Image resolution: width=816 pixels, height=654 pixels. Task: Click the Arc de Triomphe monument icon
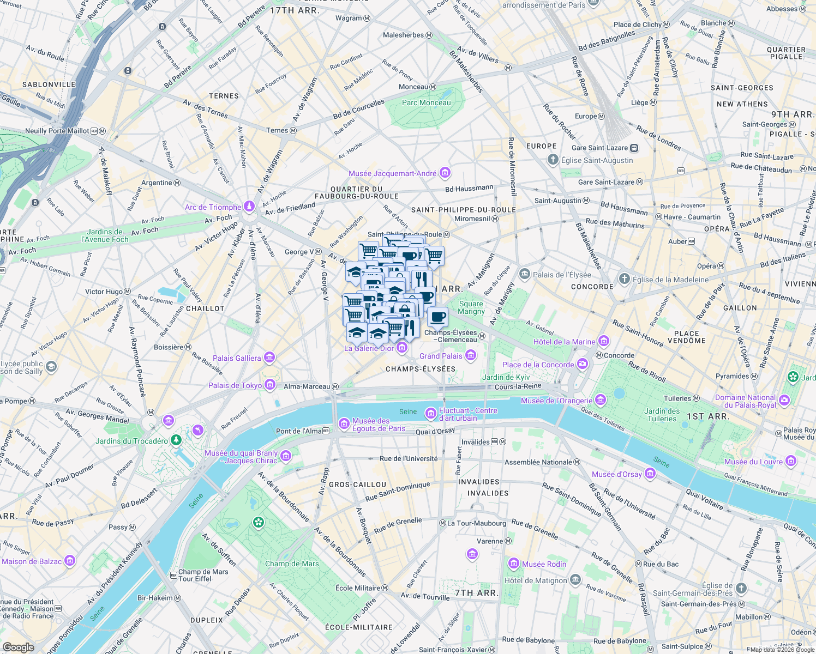(x=249, y=207)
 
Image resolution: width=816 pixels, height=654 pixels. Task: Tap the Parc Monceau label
(x=426, y=102)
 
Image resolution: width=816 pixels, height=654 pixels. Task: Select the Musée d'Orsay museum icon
(x=650, y=474)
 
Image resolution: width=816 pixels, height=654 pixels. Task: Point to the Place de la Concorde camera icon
(x=583, y=364)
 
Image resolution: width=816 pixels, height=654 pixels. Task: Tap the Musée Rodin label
(x=544, y=564)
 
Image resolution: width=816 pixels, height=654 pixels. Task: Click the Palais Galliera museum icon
(x=269, y=358)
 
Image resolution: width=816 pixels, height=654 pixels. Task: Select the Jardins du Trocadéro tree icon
(x=176, y=440)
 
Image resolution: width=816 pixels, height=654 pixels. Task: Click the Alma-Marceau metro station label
(x=307, y=386)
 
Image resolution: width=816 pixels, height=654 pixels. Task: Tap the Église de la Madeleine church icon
(x=625, y=279)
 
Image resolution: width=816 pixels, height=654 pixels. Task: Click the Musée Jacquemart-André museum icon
(x=445, y=173)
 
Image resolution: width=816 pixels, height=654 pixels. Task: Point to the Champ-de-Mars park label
(x=292, y=564)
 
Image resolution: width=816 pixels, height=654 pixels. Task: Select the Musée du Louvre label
(x=753, y=462)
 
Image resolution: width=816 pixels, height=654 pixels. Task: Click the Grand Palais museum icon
(x=471, y=356)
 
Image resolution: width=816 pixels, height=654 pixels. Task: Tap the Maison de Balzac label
(x=32, y=561)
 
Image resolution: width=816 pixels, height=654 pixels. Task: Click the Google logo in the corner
(x=18, y=647)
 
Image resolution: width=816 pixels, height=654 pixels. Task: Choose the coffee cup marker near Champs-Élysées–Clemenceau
(x=437, y=316)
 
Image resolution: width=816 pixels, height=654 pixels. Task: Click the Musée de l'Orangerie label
(x=556, y=401)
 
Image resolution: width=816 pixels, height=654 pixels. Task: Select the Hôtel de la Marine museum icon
(x=603, y=341)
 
